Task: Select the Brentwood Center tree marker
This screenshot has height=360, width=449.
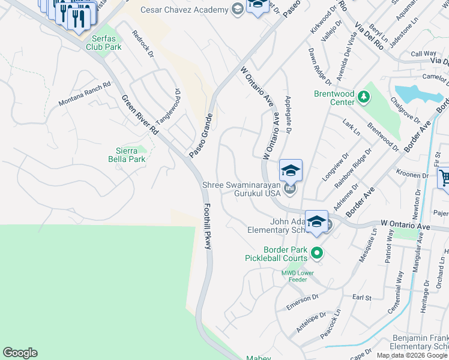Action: pyautogui.click(x=363, y=96)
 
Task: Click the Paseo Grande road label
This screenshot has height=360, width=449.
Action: pyautogui.click(x=200, y=136)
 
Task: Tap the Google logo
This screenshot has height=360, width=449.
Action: pyautogui.click(x=20, y=353)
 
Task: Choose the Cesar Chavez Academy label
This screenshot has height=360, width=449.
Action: pyautogui.click(x=184, y=10)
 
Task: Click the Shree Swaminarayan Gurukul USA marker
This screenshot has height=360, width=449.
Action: pyautogui.click(x=291, y=189)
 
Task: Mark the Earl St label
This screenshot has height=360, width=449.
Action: pyautogui.click(x=362, y=297)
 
